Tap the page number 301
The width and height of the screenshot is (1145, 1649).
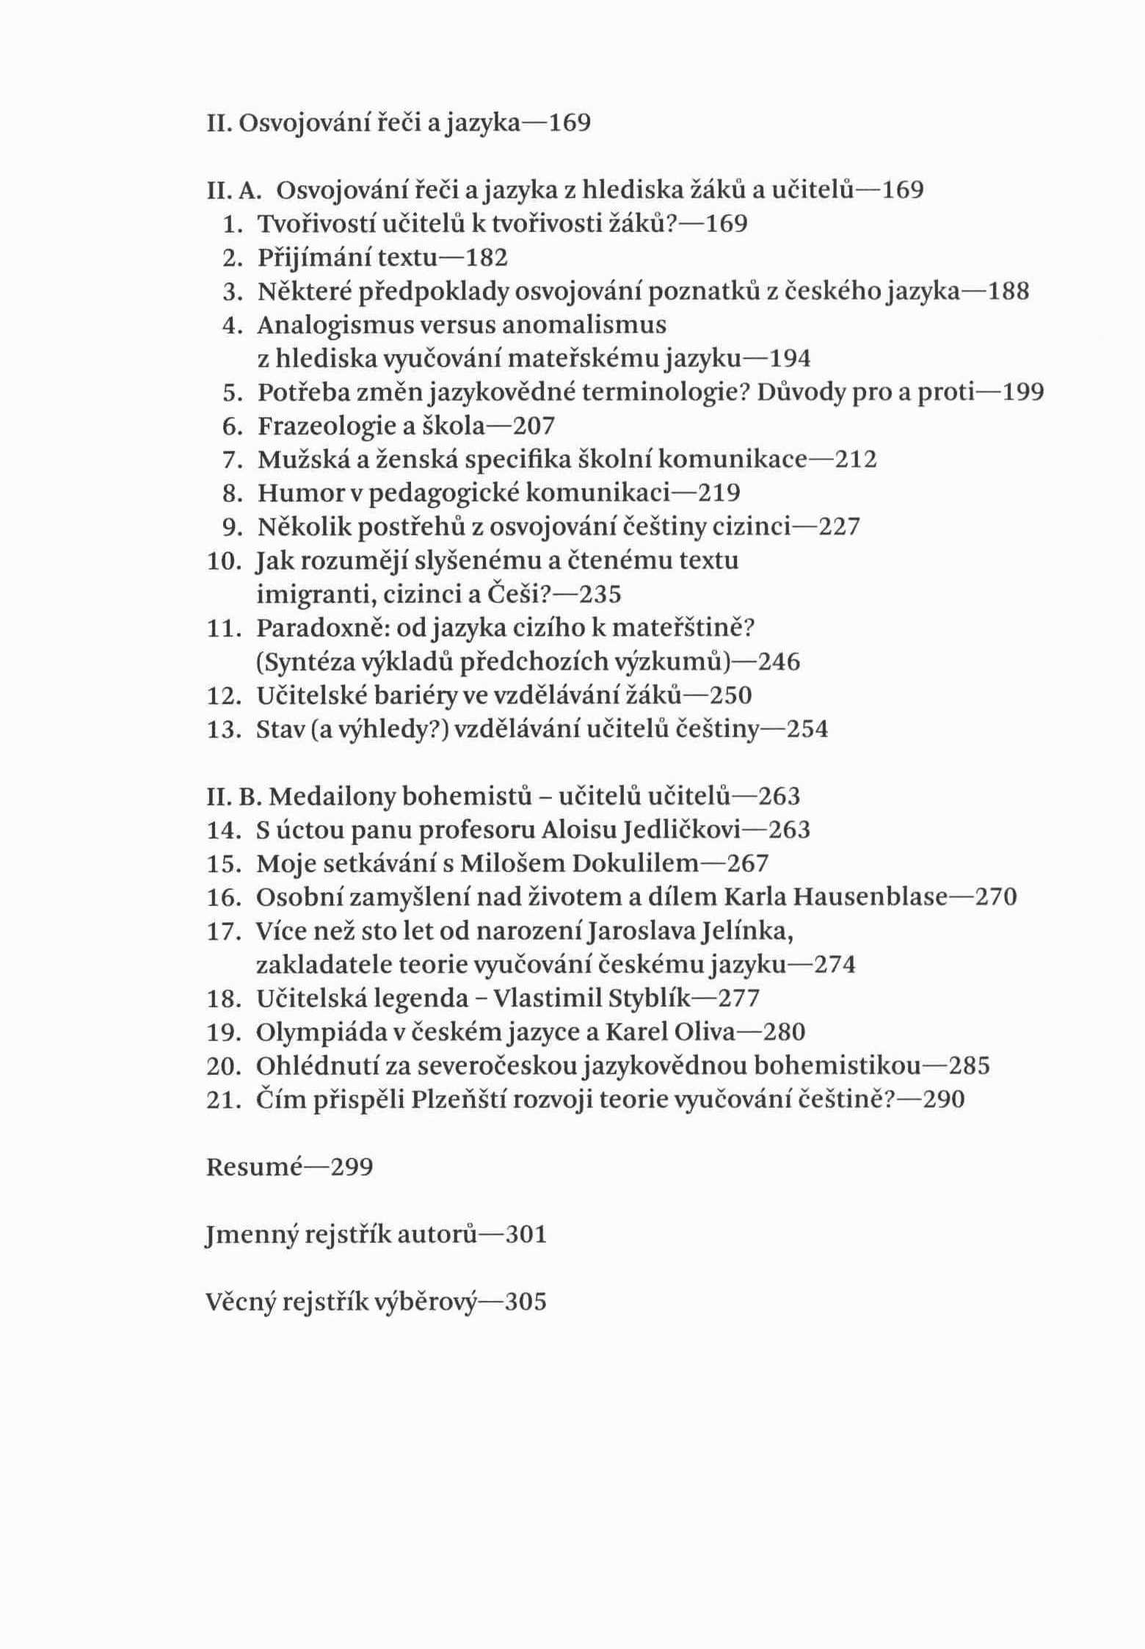click(x=526, y=1235)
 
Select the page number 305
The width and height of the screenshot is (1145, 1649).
click(x=526, y=1302)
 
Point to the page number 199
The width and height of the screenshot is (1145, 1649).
click(x=1023, y=393)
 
